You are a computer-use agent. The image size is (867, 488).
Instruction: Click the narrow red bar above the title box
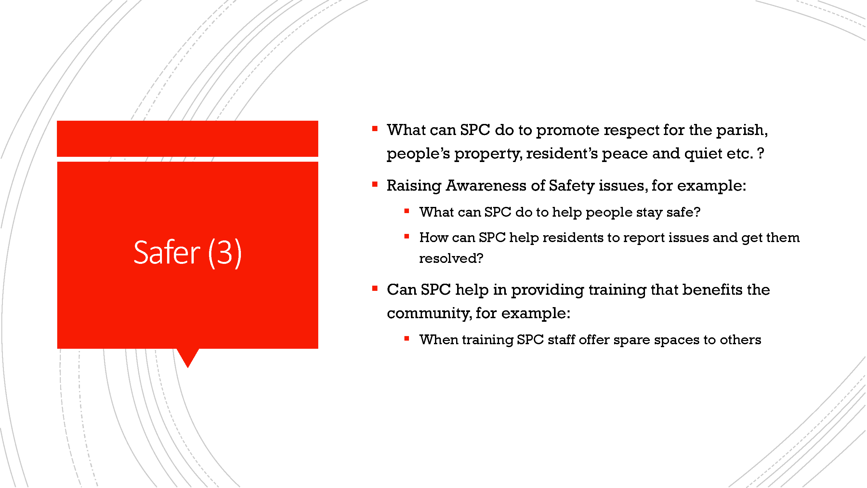point(188,138)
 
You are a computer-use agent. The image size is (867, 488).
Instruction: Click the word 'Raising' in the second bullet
point(414,186)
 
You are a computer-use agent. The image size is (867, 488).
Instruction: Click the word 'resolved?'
point(451,259)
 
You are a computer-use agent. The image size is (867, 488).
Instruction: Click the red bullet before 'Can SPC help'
point(374,288)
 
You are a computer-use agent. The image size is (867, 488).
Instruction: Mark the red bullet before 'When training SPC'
point(407,338)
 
